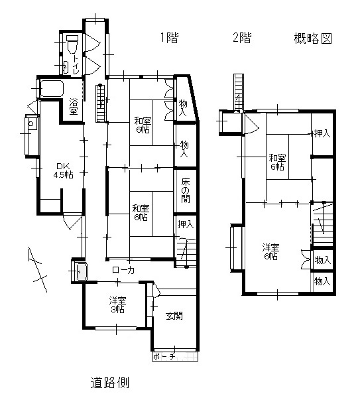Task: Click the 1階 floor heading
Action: point(168,38)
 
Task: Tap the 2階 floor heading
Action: point(242,38)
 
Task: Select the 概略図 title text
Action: point(312,38)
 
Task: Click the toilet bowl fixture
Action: point(72,43)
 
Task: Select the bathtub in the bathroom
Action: point(50,89)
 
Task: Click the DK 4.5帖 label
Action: point(63,170)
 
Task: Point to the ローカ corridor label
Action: point(123,270)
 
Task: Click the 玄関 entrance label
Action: point(174,314)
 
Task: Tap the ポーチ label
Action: point(163,357)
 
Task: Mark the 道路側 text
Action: point(110,383)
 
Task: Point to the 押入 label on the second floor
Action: point(322,133)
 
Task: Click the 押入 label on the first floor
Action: point(186,224)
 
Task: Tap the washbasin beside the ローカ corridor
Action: point(80,271)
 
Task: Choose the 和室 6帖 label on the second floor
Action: point(278,163)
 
